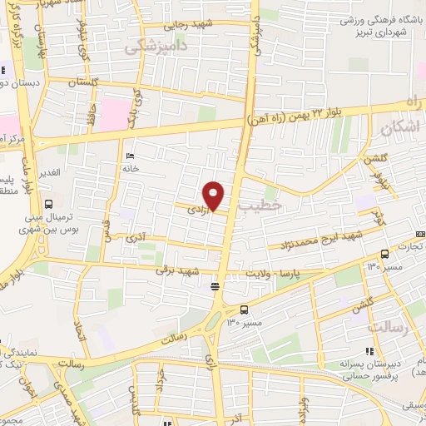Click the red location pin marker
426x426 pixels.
point(215,196)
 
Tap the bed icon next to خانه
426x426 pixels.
point(129,156)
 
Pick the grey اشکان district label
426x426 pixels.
point(402,128)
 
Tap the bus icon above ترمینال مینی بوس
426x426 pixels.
point(48,203)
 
